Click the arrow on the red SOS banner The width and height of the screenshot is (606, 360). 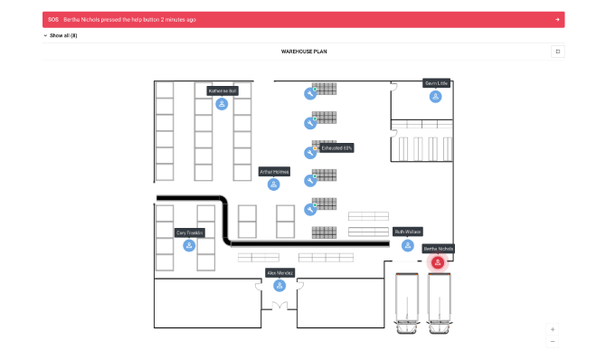point(557,19)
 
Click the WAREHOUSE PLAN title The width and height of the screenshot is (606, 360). point(304,52)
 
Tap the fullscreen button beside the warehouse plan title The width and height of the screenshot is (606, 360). point(558,52)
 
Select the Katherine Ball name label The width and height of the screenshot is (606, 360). point(223,90)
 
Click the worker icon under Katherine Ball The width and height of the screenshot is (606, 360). point(222,104)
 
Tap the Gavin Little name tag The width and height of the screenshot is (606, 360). point(436,83)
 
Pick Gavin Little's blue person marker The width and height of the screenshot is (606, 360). point(436,97)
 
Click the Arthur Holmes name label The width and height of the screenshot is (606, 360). point(274,171)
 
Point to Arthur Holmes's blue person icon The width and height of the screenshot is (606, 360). point(273,185)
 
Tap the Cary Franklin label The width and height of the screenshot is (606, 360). point(190,232)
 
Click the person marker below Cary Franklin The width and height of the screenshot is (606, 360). point(189,245)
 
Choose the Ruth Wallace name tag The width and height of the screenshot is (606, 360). point(408,232)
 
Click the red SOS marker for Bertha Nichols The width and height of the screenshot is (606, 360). point(438,262)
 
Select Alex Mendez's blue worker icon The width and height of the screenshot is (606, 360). point(279,286)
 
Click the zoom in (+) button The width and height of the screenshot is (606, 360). point(553,329)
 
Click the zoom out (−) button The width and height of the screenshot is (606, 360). point(553,341)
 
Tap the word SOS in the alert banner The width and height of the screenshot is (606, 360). point(53,19)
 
